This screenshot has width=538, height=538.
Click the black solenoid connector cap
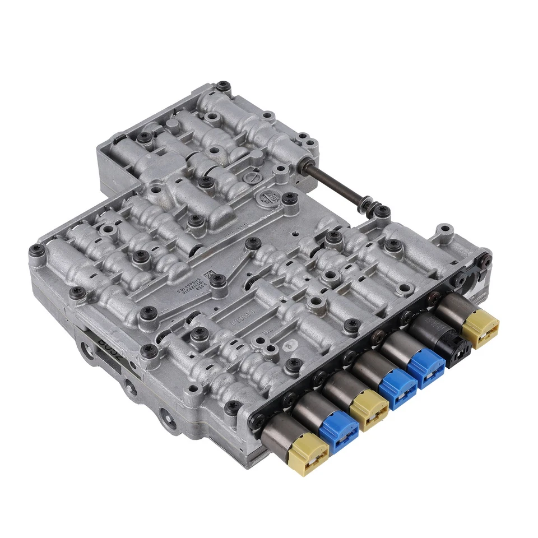(454, 346)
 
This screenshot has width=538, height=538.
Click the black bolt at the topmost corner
(224, 86)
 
